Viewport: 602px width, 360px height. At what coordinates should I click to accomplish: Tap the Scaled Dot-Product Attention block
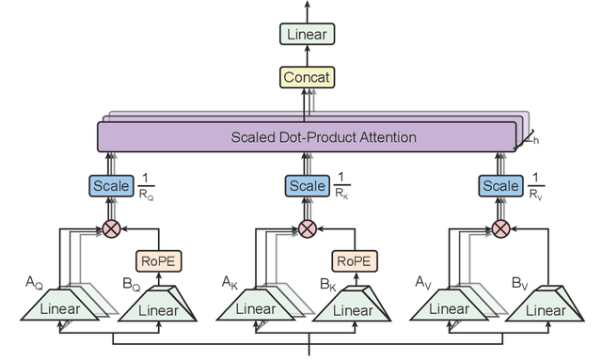click(x=309, y=138)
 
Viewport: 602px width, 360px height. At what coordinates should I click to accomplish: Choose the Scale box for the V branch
click(x=500, y=186)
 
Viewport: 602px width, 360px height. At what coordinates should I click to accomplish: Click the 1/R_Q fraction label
click(x=148, y=188)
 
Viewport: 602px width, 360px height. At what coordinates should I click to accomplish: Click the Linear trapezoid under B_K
click(x=351, y=307)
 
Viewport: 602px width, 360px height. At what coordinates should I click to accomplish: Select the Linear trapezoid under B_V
click(x=544, y=307)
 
